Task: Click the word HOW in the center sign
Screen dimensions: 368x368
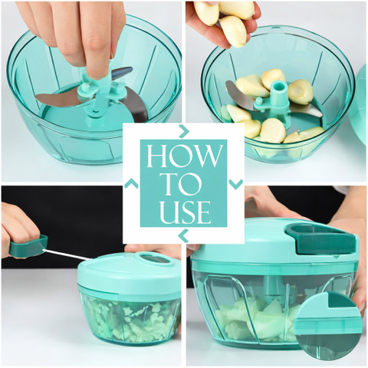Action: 183,156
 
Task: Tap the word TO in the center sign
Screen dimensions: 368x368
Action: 183,183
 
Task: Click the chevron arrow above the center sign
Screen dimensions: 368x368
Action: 184,131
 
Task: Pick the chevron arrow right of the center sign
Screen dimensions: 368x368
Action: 235,184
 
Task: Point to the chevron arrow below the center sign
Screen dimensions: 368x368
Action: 183,236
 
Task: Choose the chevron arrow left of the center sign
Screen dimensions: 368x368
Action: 131,183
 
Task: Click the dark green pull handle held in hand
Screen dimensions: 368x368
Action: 28,246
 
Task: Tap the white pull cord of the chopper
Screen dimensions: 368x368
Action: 67,255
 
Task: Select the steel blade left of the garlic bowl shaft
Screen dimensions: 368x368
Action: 239,96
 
